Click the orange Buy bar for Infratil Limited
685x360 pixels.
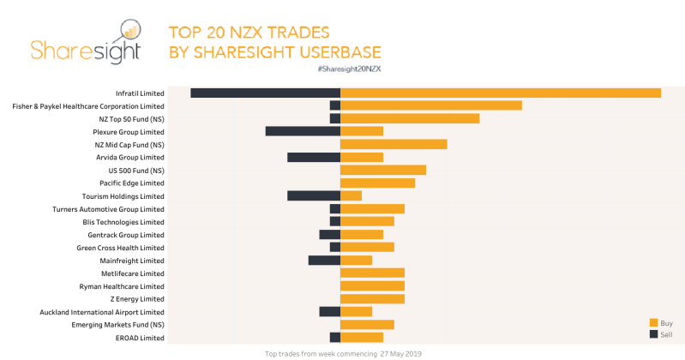[501, 93]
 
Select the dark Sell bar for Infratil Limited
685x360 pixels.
[265, 93]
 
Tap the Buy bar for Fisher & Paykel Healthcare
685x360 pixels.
[431, 105]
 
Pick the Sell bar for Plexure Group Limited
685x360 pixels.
[303, 131]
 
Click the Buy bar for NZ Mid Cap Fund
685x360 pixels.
[394, 144]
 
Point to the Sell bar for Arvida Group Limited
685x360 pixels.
[314, 157]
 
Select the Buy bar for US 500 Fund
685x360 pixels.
[383, 170]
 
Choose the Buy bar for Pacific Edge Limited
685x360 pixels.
[377, 183]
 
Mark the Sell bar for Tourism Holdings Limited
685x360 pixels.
[314, 195]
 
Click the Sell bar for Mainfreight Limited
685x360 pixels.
[324, 260]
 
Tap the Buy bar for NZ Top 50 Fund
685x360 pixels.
[410, 118]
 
